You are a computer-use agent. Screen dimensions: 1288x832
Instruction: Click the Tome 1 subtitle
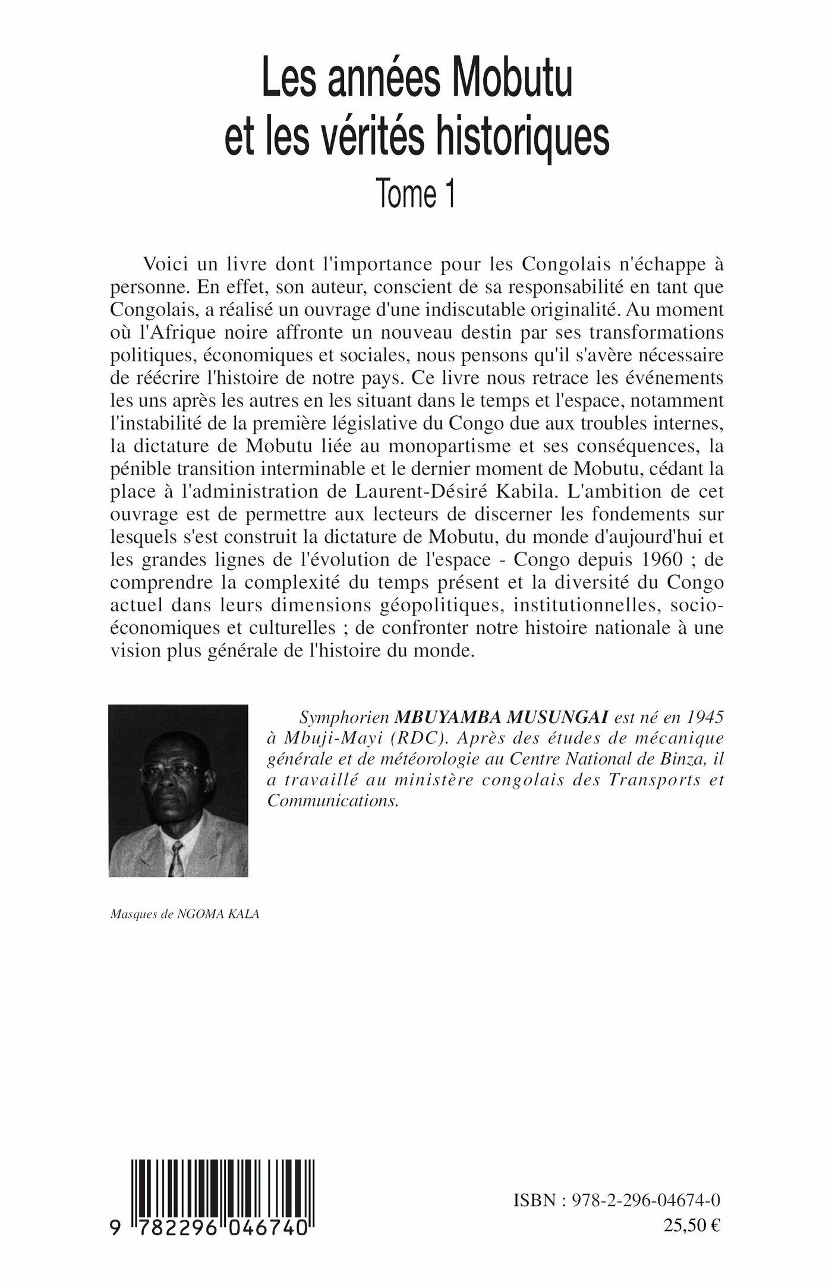[416, 195]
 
